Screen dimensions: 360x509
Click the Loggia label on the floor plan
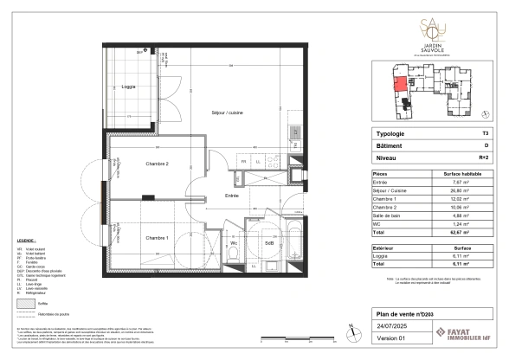pyautogui.click(x=128, y=87)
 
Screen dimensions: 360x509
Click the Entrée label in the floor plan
pyautogui.click(x=232, y=196)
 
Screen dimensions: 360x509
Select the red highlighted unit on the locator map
pyautogui.click(x=401, y=87)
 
